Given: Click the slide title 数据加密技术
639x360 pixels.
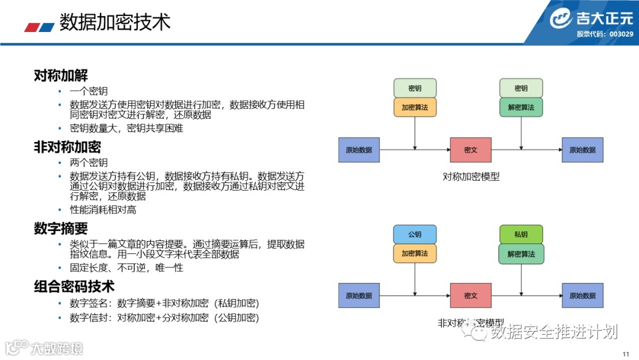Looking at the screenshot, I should click(x=115, y=22).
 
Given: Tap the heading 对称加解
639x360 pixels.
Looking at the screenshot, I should click(x=61, y=76).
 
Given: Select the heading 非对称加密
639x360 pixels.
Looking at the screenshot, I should click(x=67, y=147).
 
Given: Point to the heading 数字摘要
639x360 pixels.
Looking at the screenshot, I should click(x=61, y=229).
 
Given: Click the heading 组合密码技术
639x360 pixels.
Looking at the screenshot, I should click(x=74, y=287).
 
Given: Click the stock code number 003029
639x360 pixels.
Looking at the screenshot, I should click(x=621, y=34).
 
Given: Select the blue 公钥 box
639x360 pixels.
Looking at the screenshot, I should click(x=415, y=234).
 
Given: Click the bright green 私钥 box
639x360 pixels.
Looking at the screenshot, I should click(x=521, y=234).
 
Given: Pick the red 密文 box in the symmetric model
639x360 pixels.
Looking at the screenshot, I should click(x=471, y=150).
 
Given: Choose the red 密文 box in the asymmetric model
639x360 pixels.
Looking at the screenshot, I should click(x=471, y=295).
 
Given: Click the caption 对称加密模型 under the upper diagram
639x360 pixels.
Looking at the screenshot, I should click(x=471, y=176).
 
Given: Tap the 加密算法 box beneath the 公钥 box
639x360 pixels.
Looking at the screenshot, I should click(x=415, y=253).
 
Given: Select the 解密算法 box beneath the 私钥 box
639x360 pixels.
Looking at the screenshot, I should click(x=521, y=253).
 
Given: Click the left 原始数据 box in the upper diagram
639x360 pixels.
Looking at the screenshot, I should click(x=359, y=150).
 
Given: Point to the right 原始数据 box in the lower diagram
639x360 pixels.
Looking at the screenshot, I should click(x=582, y=295).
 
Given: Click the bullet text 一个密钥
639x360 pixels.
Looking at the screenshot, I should click(x=89, y=91).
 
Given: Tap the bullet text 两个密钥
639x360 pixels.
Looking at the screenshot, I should click(x=89, y=162).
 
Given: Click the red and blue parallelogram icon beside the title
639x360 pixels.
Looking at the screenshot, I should click(x=39, y=27).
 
